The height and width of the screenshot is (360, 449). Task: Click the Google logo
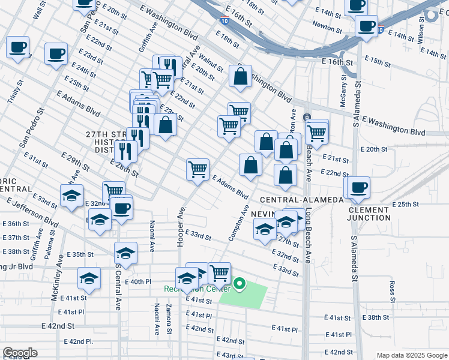tap(20, 353)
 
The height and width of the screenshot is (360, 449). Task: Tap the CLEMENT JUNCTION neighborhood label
tap(368, 214)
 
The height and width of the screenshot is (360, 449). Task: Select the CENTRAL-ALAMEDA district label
tap(302, 199)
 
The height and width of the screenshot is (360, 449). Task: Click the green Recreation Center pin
tap(240, 283)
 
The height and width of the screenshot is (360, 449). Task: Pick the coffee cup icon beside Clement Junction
tap(359, 187)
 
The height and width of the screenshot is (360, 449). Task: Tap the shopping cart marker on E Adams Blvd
tap(197, 169)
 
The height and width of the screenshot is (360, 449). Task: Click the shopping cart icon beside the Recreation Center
tap(220, 273)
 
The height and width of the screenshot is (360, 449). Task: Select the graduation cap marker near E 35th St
tap(125, 253)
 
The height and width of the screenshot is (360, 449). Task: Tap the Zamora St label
tap(169, 319)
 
